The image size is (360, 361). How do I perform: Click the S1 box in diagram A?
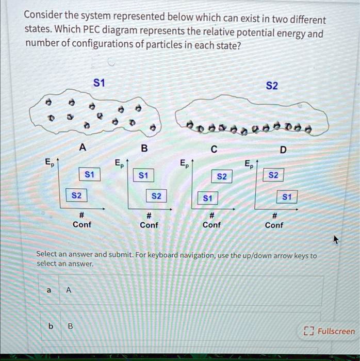[x=90, y=175]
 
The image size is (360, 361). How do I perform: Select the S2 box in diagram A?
[x=76, y=196]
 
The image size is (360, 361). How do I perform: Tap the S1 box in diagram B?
[x=144, y=175]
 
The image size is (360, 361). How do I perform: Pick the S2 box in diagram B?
[x=156, y=196]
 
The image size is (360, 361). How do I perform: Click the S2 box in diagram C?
[x=222, y=177]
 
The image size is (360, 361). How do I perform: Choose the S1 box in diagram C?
[x=207, y=198]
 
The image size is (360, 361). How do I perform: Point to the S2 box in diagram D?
[x=273, y=175]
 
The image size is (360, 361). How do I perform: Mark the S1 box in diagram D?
[x=287, y=196]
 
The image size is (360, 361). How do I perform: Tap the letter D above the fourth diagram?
[x=282, y=150]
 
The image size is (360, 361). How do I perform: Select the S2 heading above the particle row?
[x=272, y=86]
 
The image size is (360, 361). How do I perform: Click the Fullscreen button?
[x=330, y=331]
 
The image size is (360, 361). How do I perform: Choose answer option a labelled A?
[x=181, y=290]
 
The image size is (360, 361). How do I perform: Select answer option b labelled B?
[x=181, y=326]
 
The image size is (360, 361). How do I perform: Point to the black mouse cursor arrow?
[x=336, y=240]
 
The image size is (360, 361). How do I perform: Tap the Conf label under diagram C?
[x=211, y=225]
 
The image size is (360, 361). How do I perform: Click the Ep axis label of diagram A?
[x=48, y=163]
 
